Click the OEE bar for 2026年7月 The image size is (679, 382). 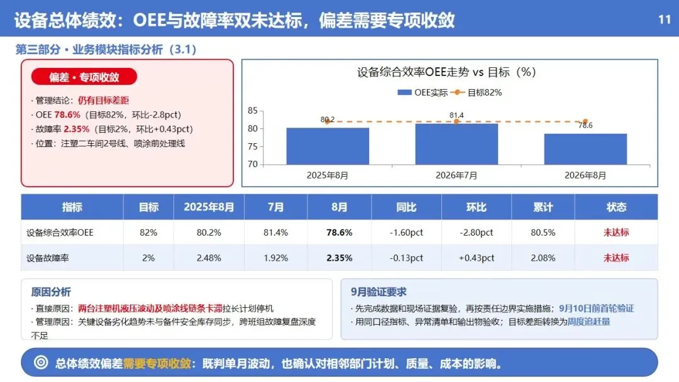click(x=456, y=144)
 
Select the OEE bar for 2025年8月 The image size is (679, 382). click(x=328, y=146)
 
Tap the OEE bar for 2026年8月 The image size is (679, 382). click(x=585, y=150)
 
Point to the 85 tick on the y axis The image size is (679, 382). click(x=253, y=111)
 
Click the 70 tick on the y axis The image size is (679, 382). click(x=253, y=165)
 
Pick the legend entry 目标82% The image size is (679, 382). click(x=477, y=92)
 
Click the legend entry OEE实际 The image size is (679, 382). click(x=422, y=92)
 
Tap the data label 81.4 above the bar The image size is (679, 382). click(x=456, y=115)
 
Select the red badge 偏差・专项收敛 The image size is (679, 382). click(x=84, y=77)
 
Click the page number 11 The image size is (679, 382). click(x=665, y=19)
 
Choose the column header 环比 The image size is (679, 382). click(x=477, y=207)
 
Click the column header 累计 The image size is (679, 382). click(x=543, y=207)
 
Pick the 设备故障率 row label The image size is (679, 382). click(x=48, y=258)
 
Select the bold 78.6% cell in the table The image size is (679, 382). click(x=339, y=232)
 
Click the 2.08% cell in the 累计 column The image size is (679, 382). click(x=543, y=258)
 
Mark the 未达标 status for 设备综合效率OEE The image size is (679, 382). click(x=616, y=232)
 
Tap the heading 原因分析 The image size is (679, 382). click(x=51, y=292)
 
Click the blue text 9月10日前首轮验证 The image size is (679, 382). click(x=596, y=308)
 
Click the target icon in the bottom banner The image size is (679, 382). click(x=41, y=363)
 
